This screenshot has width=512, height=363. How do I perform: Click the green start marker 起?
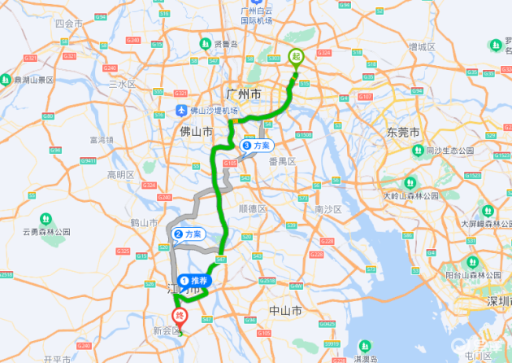(297, 57)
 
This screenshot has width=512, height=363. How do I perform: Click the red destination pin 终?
(181, 317)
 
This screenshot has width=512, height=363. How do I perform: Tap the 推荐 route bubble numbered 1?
(194, 279)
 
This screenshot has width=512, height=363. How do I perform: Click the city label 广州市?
(245, 95)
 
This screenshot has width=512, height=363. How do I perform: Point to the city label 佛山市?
(196, 130)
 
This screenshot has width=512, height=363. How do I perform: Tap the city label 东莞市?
(403, 132)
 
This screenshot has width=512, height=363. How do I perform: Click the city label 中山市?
(285, 311)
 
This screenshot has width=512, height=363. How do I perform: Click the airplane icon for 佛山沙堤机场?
(181, 110)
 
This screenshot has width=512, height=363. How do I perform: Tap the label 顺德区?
(253, 208)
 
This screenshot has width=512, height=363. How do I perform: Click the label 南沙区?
(328, 209)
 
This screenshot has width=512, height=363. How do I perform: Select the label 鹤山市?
(144, 222)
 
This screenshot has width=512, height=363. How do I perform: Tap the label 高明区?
(120, 174)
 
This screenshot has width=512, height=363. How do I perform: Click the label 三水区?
(121, 84)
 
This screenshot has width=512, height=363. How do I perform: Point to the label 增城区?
(423, 46)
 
